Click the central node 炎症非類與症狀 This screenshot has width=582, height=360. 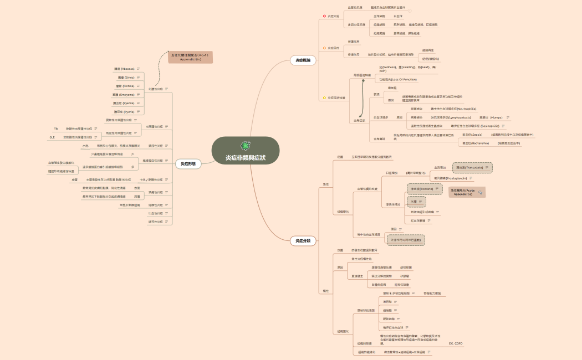pyautogui.click(x=245, y=158)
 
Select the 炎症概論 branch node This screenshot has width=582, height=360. pyautogui.click(x=303, y=60)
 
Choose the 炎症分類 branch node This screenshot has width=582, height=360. pyautogui.click(x=303, y=240)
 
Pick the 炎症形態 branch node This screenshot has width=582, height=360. pyautogui.click(x=188, y=163)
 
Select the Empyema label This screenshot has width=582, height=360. pyautogui.click(x=123, y=95)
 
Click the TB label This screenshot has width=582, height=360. pyautogui.click(x=55, y=128)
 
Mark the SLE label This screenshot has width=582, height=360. pyautogui.click(x=52, y=137)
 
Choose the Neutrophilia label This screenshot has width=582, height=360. pyautogui.click(x=453, y=109)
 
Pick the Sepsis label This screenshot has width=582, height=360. pyautogui.click(x=472, y=134)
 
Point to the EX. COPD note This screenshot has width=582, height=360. pyautogui.click(x=456, y=343)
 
